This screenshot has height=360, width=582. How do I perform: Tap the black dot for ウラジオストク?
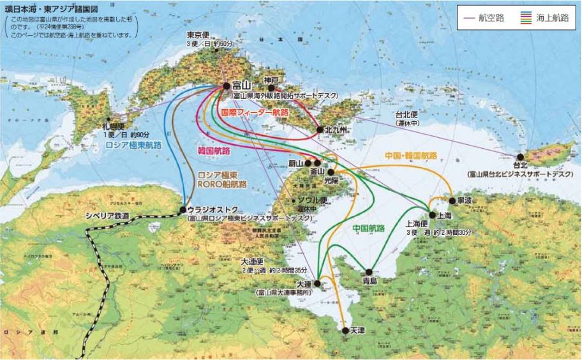[183, 209]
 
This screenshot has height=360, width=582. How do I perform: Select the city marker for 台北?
[521, 156]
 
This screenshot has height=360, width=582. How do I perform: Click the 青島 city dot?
[369, 271]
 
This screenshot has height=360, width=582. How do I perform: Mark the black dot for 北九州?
[320, 130]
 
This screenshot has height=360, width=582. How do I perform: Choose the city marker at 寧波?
[452, 200]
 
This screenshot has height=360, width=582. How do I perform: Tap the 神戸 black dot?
[271, 88]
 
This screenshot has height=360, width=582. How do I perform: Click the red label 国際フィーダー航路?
[254, 112]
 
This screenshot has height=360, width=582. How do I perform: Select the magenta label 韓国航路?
[214, 150]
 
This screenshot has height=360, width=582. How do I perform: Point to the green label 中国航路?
[368, 227]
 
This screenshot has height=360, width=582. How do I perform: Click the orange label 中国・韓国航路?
[411, 155]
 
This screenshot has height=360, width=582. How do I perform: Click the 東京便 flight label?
[199, 34]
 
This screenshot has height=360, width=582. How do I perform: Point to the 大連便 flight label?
[256, 262]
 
